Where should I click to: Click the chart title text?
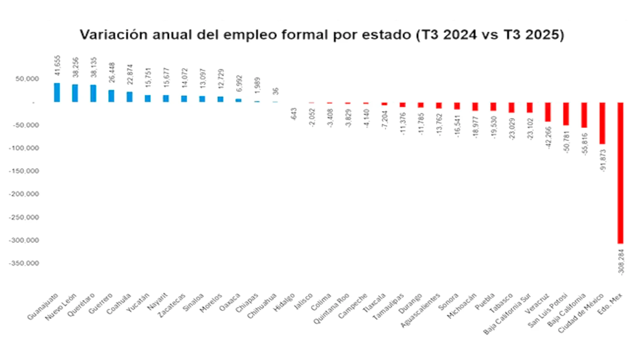[322, 35]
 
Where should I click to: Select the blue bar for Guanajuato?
[57, 92]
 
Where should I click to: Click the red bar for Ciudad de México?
[602, 123]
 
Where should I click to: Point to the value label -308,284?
[621, 261]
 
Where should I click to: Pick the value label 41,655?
[58, 65]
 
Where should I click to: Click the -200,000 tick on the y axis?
[24, 194]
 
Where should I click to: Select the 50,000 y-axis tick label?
[27, 79]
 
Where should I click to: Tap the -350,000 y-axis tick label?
[24, 263]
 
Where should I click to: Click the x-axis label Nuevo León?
[61, 307]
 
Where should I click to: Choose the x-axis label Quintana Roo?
[331, 308]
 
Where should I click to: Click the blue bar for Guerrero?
[111, 96]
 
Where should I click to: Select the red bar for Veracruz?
[548, 112]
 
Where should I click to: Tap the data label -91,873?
[603, 160]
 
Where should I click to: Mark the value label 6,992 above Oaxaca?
[239, 84]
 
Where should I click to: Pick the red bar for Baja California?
[584, 115]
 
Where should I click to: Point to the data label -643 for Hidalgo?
[294, 114]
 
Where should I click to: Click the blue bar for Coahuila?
[129, 97]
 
